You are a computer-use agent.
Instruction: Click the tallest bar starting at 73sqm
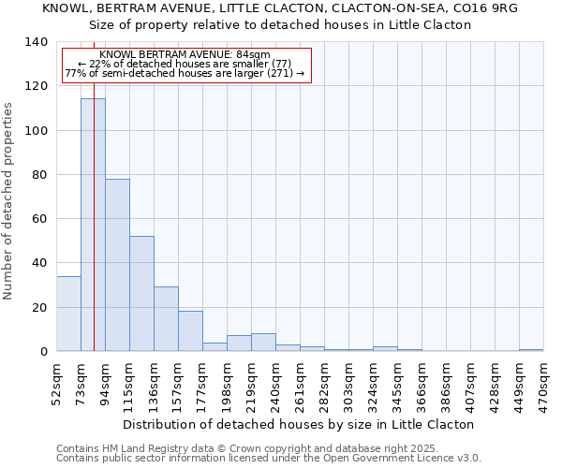pyautogui.click(x=93, y=225)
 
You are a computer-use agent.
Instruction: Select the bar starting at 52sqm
pyautogui.click(x=68, y=314)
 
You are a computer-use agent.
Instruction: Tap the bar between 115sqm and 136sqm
pyautogui.click(x=141, y=293)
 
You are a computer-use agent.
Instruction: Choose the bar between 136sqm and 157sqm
pyautogui.click(x=166, y=318)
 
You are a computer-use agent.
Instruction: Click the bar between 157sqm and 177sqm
pyautogui.click(x=190, y=331)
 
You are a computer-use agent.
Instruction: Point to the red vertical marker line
pyautogui.click(x=95, y=187)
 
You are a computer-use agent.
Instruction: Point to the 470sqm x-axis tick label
pyautogui.click(x=542, y=381)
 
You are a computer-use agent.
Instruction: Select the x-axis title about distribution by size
pyautogui.click(x=299, y=424)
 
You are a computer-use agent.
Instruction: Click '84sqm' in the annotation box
pyautogui.click(x=253, y=54)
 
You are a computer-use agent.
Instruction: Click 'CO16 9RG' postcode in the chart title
pyautogui.click(x=484, y=7)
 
